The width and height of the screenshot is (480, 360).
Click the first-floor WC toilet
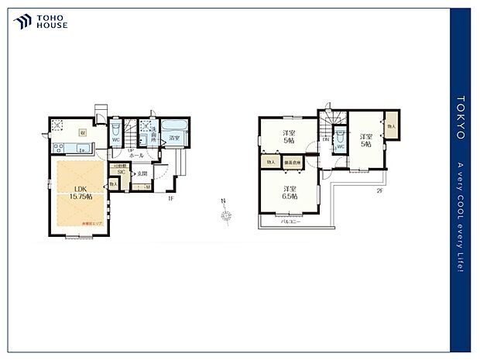pyautogui.click(x=115, y=132)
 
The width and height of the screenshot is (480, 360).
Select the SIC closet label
pyautogui.click(x=122, y=172)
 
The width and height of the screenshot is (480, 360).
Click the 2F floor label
pyautogui.click(x=380, y=190)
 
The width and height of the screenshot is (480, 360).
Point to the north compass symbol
pyautogui.click(x=224, y=214)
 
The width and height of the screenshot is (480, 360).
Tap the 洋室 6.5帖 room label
pyautogui.click(x=288, y=192)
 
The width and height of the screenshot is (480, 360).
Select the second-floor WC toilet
pyautogui.click(x=340, y=144)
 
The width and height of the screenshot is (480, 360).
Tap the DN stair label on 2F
pyautogui.click(x=325, y=139)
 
